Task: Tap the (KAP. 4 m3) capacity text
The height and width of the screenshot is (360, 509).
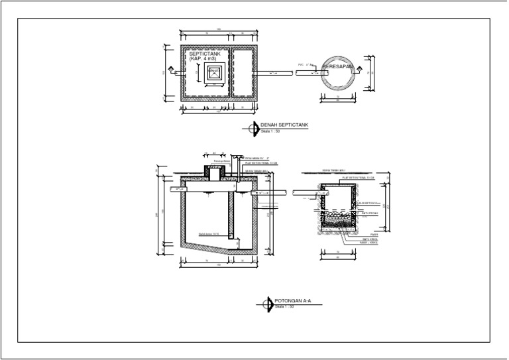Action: [202, 59]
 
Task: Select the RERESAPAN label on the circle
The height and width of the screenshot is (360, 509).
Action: [337, 68]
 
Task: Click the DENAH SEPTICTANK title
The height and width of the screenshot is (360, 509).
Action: [284, 125]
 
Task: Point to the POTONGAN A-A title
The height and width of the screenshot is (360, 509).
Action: [293, 302]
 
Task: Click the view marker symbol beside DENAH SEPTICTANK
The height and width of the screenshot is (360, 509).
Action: [253, 128]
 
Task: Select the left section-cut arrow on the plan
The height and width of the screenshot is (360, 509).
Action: [170, 69]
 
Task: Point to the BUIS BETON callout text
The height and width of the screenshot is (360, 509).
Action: [368, 203]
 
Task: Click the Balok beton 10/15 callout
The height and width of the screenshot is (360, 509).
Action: [208, 233]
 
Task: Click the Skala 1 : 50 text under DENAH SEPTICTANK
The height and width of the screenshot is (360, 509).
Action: [269, 131]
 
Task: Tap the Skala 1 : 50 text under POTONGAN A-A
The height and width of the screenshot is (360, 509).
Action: [284, 307]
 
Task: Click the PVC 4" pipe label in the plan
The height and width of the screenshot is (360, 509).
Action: [305, 64]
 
